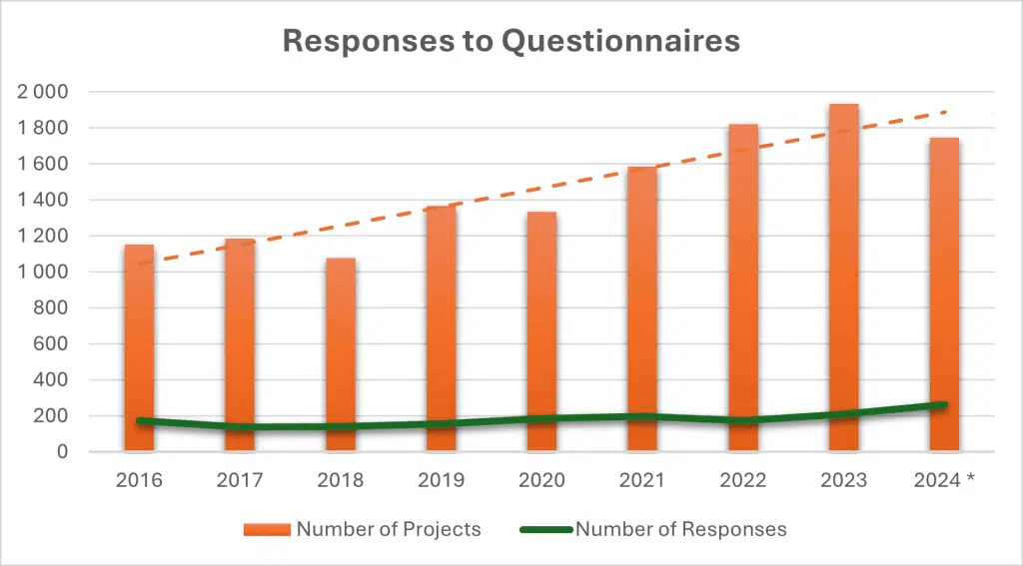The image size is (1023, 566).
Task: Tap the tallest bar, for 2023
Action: point(844,280)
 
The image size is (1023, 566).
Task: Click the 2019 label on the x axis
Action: point(441,480)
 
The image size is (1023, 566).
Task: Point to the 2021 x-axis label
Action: point(642,480)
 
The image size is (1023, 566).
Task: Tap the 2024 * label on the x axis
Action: point(944,480)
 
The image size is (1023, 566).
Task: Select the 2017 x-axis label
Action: point(240,480)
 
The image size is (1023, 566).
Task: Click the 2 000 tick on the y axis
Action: point(42,92)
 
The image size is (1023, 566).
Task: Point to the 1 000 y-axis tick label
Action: point(42,272)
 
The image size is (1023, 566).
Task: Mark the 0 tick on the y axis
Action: point(62,452)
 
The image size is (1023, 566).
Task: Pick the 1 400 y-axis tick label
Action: point(42,200)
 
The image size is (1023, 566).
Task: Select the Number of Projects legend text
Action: point(389,529)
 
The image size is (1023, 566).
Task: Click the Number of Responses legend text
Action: point(680,529)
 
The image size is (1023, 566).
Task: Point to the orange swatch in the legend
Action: point(267,529)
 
